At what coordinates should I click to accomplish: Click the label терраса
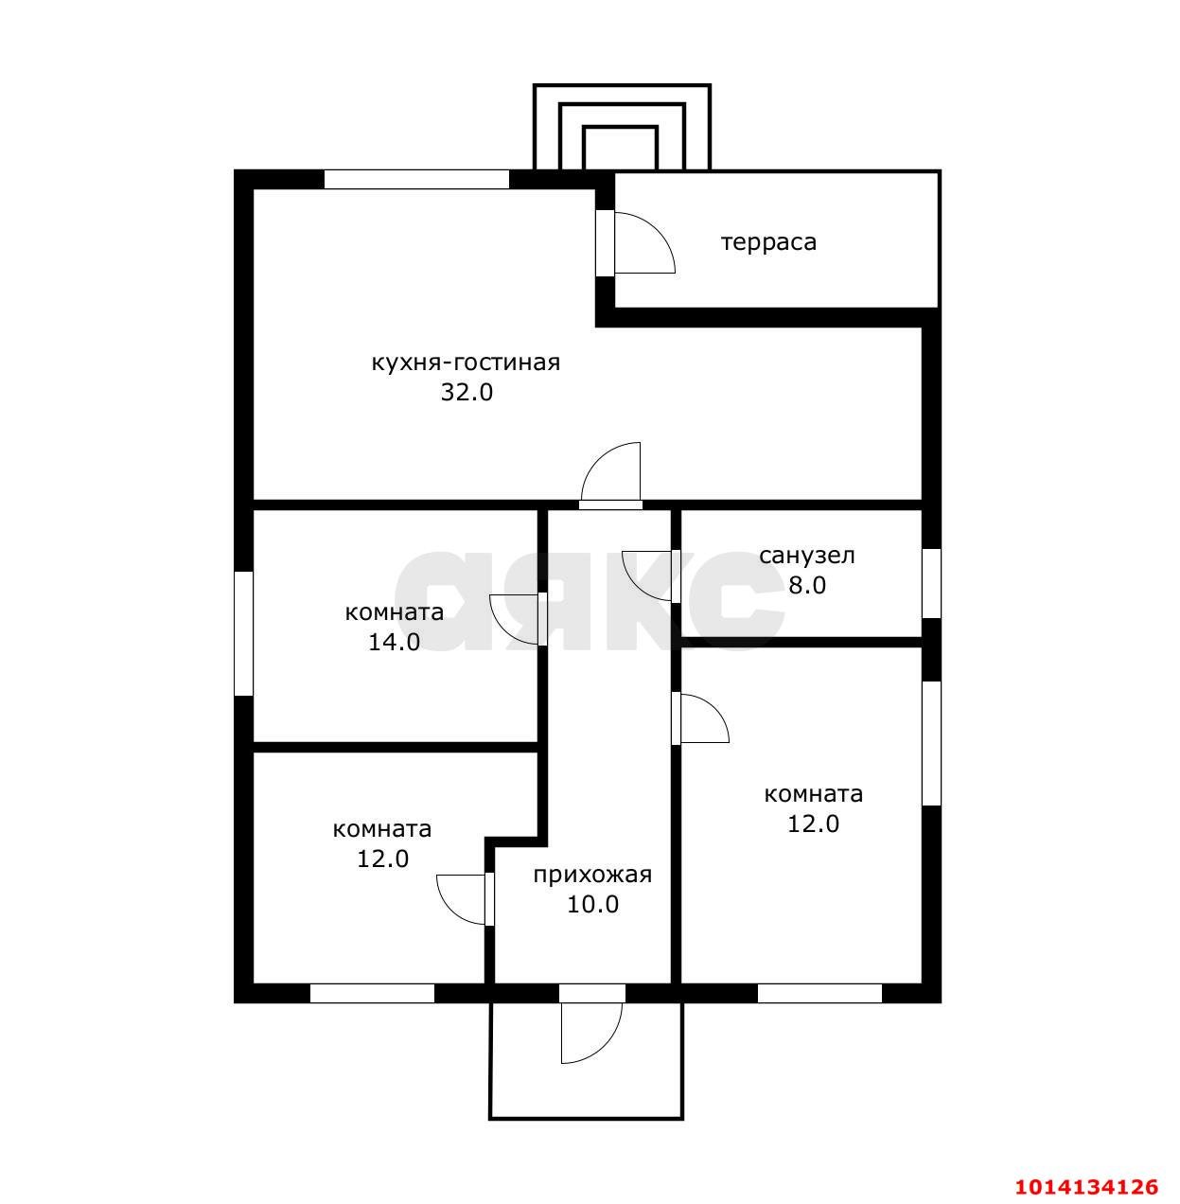768,242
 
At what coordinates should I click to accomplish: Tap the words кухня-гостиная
466,363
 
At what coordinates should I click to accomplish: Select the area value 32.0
467,392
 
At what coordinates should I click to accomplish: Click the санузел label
806,556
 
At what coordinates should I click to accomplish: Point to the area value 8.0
807,585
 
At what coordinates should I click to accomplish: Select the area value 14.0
394,642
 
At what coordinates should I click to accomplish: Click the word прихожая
592,875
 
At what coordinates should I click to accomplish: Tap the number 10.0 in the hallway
592,904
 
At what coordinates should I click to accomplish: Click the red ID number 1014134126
1086,1186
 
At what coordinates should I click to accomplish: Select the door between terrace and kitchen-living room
634,243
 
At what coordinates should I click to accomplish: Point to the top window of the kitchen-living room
416,179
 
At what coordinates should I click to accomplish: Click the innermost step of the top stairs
621,149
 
